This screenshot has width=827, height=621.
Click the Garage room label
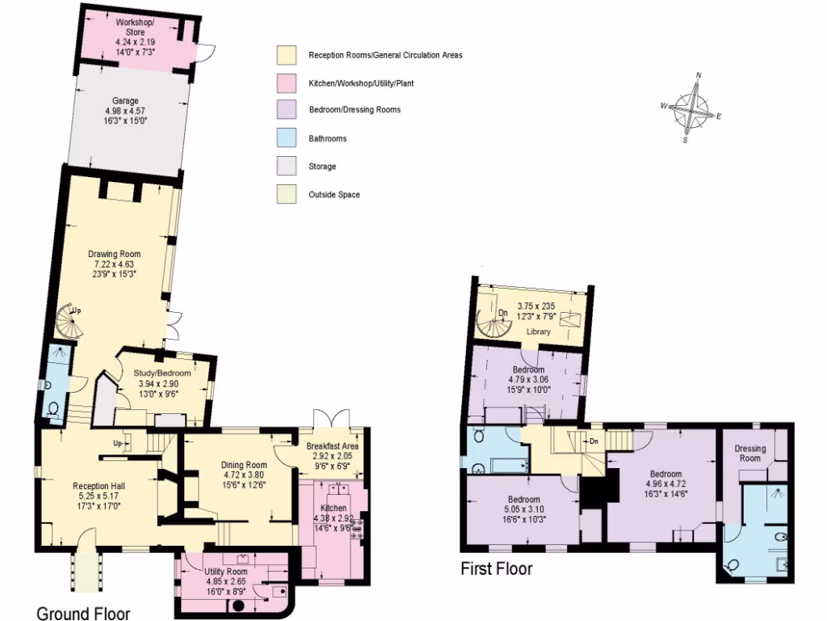click(x=125, y=101)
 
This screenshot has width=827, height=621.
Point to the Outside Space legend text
click(x=334, y=195)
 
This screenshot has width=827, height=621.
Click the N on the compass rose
click(x=699, y=76)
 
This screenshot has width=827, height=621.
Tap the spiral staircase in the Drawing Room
click(x=69, y=323)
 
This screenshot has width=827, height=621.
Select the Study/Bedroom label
click(x=162, y=373)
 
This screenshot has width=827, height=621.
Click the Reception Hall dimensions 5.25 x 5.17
click(x=96, y=496)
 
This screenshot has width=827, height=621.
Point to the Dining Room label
click(x=244, y=465)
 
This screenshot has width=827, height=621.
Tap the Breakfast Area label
click(x=332, y=446)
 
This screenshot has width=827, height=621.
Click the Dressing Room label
click(x=750, y=454)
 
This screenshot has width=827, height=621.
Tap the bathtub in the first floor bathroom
click(x=506, y=465)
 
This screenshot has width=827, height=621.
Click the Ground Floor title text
click(x=83, y=613)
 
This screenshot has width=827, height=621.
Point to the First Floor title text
click(x=496, y=569)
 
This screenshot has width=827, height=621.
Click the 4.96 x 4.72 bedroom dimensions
click(x=665, y=485)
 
